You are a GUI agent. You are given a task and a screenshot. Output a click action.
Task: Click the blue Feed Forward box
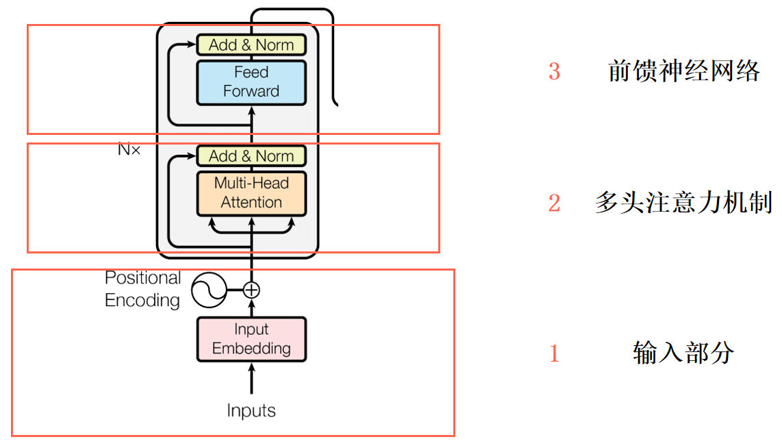tap(251, 82)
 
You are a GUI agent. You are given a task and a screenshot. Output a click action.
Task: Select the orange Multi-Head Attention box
tap(251, 193)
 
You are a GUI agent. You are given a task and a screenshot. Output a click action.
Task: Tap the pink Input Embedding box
tap(251, 339)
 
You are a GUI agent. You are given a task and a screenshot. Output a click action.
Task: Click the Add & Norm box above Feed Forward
tap(251, 45)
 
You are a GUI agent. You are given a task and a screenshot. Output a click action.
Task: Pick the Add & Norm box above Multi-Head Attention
tap(251, 156)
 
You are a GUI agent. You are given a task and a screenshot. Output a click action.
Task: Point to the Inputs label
tap(251, 411)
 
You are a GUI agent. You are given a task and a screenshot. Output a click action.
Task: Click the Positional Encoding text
tap(142, 289)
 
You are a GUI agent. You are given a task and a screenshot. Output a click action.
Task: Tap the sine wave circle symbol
tap(208, 290)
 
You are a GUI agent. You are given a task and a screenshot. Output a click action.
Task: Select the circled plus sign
tap(252, 290)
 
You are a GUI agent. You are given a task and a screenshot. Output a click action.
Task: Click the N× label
tap(129, 149)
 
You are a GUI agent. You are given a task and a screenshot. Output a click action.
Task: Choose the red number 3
tap(554, 72)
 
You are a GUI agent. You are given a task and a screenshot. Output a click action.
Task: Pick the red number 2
tap(554, 203)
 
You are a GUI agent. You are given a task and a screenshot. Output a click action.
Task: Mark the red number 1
tap(554, 353)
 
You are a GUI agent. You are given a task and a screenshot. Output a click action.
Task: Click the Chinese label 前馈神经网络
tap(683, 71)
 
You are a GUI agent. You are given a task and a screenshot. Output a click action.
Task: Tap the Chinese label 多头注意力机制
tap(683, 203)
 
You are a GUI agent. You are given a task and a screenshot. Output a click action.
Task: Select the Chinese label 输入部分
tap(683, 353)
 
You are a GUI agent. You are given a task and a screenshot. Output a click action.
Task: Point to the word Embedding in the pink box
tap(251, 348)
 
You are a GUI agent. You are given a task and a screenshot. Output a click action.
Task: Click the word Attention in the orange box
tap(251, 203)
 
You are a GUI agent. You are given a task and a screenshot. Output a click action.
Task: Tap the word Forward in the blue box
tap(251, 91)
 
